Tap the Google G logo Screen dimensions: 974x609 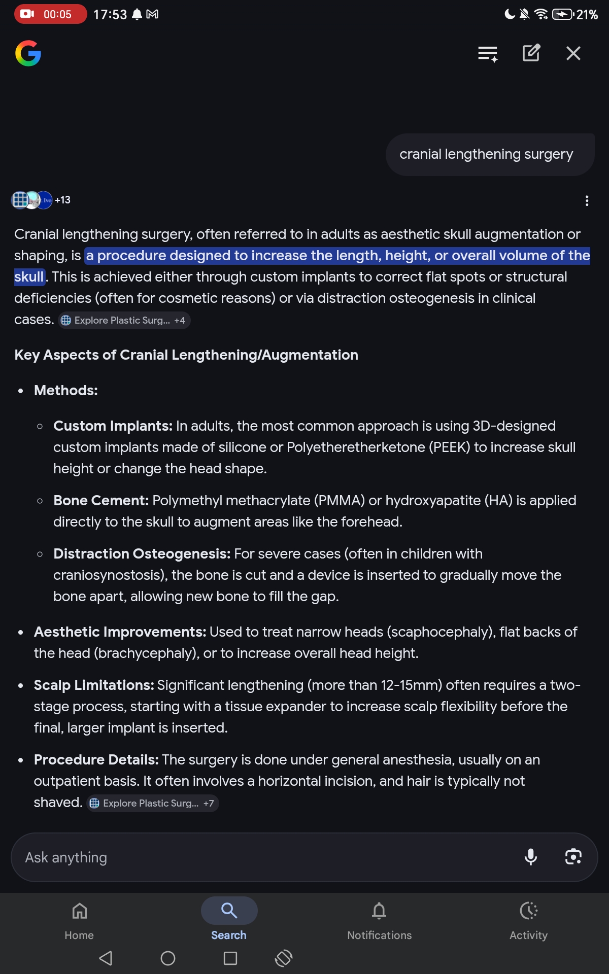pos(28,53)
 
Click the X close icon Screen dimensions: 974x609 pos(573,53)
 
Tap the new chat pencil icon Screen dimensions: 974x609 pos(531,53)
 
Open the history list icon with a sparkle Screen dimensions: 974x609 pos(487,53)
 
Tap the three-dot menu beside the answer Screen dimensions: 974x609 pos(587,201)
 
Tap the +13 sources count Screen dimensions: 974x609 pos(62,200)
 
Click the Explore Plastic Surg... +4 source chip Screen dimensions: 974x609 pos(124,320)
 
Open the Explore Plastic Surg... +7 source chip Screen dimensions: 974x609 pos(153,803)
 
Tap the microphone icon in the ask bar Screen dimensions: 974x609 pos(530,857)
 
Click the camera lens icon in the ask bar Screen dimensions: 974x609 pos(573,857)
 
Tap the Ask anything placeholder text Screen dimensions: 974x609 pos(66,857)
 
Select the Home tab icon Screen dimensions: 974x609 pos(79,911)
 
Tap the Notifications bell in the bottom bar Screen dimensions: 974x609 pos(379,911)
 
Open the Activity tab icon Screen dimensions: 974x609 pos(528,911)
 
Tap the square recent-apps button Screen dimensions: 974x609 pos(230,958)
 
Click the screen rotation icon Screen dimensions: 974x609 pos(284,958)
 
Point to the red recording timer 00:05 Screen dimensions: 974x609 pos(50,14)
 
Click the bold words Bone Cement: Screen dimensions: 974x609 pos(101,500)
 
